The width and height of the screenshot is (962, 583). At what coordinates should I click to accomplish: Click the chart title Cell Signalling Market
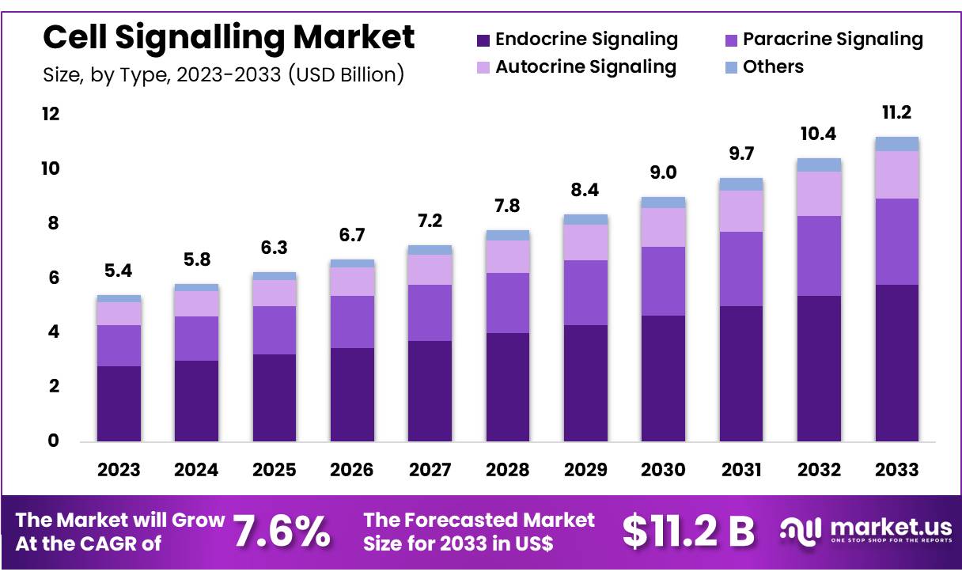(229, 37)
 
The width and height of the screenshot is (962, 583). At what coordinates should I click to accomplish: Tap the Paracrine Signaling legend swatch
(731, 40)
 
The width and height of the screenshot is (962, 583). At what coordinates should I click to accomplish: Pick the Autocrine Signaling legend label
(585, 66)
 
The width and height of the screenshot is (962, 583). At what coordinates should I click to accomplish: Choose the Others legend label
(772, 66)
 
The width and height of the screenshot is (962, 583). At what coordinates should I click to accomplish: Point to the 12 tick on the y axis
(50, 114)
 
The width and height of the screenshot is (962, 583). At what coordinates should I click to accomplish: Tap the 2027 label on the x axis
(430, 470)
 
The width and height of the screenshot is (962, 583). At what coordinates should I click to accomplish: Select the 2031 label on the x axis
(741, 470)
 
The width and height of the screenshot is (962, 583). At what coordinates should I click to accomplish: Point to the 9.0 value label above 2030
(663, 173)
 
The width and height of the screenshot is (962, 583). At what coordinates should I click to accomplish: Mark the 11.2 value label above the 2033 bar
(896, 113)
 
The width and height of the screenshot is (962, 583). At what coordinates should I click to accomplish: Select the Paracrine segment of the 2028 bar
(507, 302)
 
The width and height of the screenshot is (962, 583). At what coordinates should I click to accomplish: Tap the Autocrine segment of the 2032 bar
(819, 193)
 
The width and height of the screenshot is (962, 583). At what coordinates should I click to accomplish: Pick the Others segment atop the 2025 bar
(274, 276)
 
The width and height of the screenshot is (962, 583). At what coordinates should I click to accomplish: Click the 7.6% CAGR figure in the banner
(282, 532)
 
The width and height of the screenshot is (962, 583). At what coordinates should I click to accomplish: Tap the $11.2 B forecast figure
(688, 531)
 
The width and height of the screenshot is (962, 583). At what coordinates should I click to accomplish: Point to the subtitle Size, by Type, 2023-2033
(223, 74)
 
